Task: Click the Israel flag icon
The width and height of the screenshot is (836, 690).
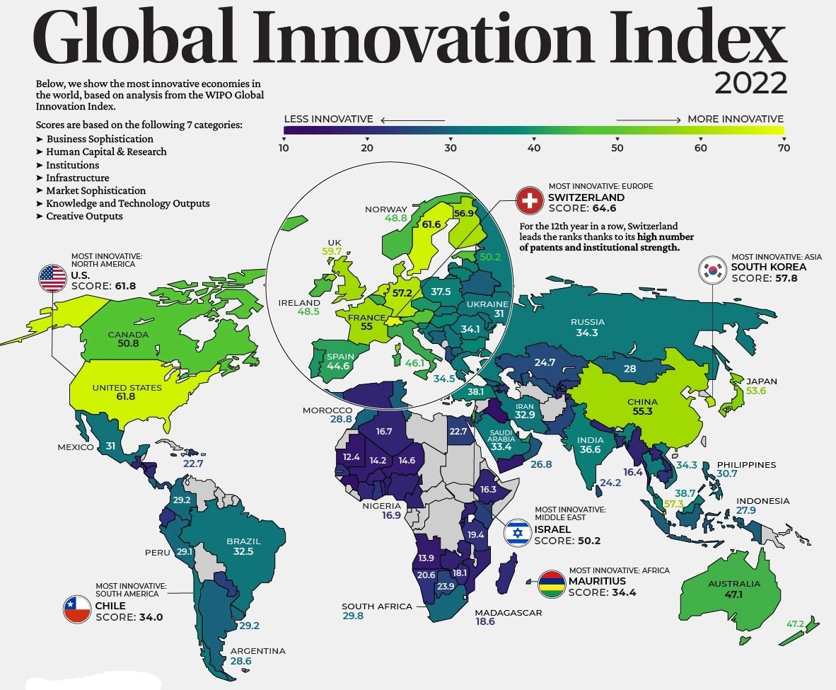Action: coord(517,531)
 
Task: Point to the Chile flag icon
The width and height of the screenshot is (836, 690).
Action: coord(77,609)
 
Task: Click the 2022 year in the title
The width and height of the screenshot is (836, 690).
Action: coord(750,84)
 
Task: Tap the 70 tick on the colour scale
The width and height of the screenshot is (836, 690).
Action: coord(783,148)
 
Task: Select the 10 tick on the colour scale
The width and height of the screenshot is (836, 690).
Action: coord(284,148)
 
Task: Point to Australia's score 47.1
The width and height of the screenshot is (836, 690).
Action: coord(725,595)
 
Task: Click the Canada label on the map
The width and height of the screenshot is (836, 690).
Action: coord(128,335)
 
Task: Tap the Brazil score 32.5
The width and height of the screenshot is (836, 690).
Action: coord(243,551)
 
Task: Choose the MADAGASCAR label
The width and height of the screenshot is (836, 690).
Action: coord(509,612)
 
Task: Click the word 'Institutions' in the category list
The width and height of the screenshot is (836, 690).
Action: coord(72,165)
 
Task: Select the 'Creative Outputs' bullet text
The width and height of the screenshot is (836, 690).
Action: coord(84,216)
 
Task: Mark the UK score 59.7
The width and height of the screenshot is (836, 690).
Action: coord(332,251)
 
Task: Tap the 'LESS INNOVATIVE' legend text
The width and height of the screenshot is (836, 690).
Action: coord(328,119)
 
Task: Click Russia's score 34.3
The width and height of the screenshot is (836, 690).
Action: coord(586,333)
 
